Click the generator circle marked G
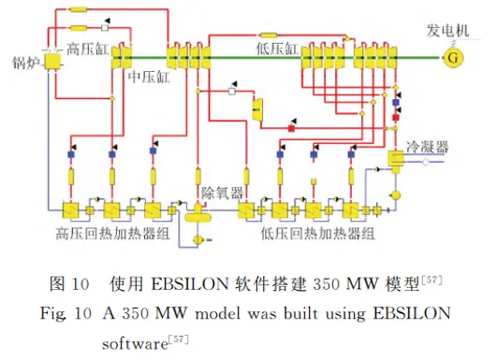454,58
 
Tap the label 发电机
447,31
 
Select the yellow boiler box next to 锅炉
52,62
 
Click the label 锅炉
26,63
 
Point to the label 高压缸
87,49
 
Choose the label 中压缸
149,77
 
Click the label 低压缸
277,49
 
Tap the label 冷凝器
428,147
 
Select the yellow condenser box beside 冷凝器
396,158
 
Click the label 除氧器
223,193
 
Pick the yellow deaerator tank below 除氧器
197,215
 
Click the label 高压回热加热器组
113,234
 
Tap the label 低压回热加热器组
317,234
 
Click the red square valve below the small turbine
291,128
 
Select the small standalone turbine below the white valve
257,109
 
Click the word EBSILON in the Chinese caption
190,283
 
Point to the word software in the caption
135,344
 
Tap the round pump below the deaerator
198,239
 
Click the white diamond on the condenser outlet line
426,162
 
